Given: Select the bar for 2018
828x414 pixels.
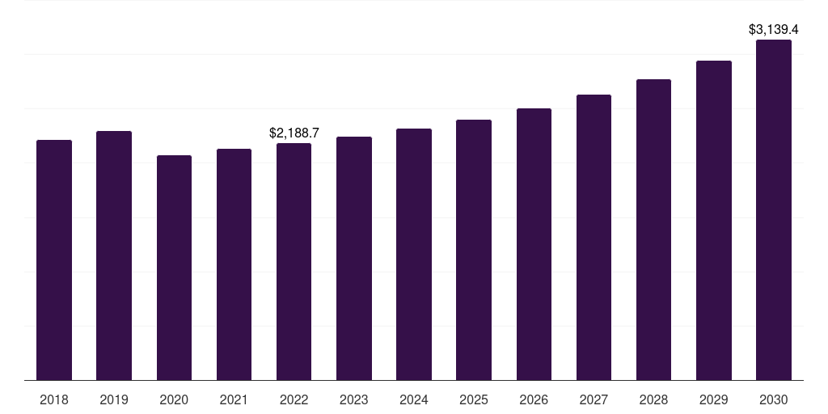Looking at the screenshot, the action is (54, 260).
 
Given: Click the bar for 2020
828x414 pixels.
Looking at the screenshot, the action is (175, 268).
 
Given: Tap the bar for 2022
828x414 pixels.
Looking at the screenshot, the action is (294, 261).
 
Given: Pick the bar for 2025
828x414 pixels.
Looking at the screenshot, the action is (474, 250).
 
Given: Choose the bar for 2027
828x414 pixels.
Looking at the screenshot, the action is (594, 237).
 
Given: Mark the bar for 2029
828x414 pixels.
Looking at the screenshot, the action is (714, 220).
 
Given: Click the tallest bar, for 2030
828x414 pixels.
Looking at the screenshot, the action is (774, 209).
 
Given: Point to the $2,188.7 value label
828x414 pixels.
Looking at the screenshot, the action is (294, 133).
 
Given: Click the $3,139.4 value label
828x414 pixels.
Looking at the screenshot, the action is (774, 30).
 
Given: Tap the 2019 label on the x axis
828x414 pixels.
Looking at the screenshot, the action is (114, 399).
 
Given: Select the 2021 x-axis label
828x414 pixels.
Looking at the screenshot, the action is (234, 399).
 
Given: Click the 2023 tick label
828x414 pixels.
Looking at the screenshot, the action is (354, 399).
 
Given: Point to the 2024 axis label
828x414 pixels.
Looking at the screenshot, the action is (414, 399).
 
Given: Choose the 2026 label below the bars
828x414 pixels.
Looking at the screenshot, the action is (534, 399).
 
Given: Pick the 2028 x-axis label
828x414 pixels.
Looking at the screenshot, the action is (653, 399).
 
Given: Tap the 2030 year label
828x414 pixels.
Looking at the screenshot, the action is (774, 399).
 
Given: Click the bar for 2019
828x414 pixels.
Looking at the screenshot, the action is (114, 256).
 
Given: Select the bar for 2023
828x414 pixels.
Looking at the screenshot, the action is (354, 258).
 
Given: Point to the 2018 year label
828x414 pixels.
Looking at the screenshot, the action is (54, 399).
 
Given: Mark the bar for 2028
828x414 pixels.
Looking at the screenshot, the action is (653, 230).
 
